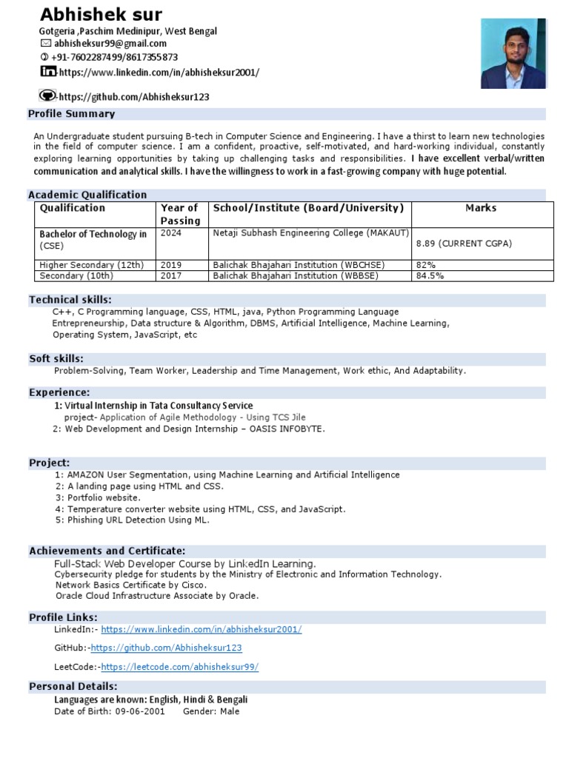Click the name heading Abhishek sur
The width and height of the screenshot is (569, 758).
click(101, 14)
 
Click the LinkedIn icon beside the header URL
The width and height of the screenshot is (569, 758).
click(47, 72)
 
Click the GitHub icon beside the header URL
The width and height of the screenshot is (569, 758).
click(47, 95)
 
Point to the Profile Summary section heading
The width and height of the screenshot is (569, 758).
click(71, 114)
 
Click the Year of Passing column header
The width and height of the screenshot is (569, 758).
click(180, 214)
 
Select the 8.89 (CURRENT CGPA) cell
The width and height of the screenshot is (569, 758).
click(464, 244)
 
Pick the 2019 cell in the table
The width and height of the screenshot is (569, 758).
click(171, 265)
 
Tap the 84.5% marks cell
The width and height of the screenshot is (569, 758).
click(429, 276)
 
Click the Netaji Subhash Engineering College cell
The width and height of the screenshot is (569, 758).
click(310, 233)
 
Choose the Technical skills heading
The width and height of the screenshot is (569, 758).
click(70, 300)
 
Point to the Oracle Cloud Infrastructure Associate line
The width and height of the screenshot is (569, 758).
click(156, 596)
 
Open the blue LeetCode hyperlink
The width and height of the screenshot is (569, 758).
click(180, 667)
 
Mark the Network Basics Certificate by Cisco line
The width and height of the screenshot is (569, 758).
click(131, 585)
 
